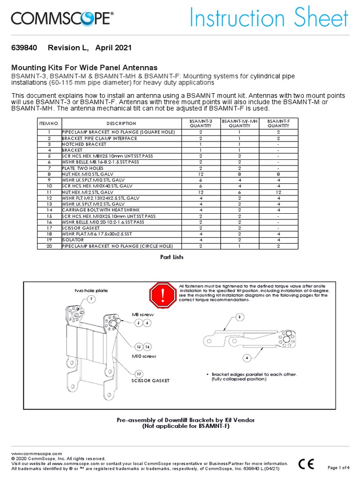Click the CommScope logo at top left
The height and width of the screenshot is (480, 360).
62,19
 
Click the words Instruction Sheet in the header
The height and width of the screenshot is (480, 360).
269,19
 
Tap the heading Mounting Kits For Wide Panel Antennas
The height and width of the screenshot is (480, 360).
84,67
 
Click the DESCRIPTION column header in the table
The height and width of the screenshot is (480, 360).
121,123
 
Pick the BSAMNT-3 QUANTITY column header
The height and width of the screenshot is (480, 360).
201,123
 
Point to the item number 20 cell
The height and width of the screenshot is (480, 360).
49,246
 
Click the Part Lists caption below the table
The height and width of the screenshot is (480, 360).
172,257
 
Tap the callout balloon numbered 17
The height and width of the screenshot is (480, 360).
139,374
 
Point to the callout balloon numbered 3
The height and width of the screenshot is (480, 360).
239,317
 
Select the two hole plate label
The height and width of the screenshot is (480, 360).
91,291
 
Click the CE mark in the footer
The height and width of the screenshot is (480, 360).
307,464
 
